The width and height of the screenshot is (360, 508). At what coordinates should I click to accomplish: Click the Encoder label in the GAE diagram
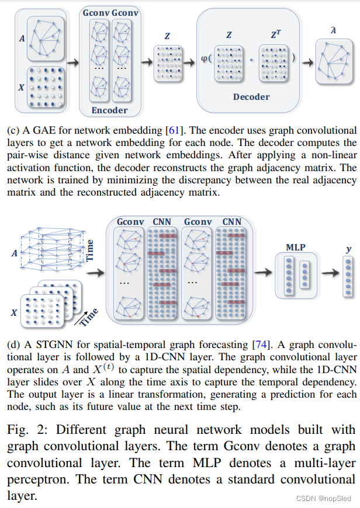109,110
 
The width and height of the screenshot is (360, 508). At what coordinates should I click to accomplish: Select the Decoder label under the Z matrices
251,97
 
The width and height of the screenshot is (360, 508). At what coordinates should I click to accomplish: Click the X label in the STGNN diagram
13,312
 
